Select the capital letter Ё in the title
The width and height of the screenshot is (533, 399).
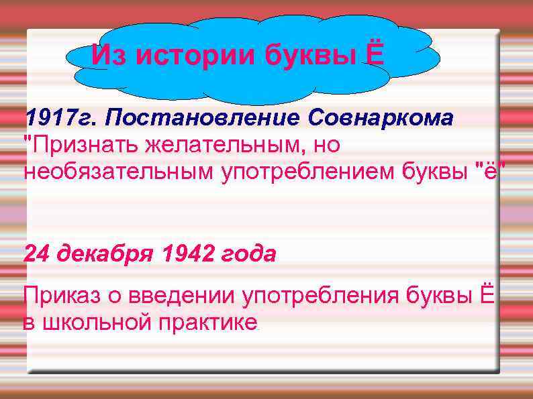tap(375, 54)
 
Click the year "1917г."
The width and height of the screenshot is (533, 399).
tap(58, 119)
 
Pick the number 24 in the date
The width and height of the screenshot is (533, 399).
tap(38, 254)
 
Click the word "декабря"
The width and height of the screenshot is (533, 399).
tap(105, 254)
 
